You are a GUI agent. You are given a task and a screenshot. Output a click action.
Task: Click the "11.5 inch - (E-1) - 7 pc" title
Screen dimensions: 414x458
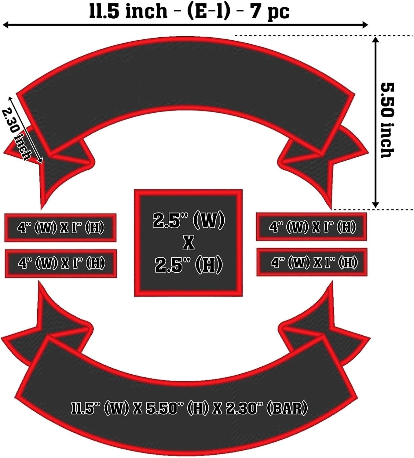[x=189, y=11]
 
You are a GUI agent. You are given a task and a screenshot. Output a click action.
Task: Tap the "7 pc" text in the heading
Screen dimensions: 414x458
[x=270, y=12]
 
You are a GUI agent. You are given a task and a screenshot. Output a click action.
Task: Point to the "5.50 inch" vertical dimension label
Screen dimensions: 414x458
[x=387, y=120]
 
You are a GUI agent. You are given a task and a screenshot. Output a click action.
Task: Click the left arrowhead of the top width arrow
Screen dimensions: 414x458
[x=5, y=25]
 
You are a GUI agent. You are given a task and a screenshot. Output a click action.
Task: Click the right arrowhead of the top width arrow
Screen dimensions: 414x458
[x=365, y=25]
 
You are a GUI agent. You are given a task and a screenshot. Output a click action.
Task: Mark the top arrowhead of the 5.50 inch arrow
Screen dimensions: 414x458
[x=376, y=40]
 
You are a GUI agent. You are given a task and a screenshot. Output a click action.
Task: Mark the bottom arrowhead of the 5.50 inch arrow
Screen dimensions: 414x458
[x=376, y=205]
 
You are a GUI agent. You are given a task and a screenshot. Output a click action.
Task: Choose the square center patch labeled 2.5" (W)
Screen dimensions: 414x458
[x=188, y=243]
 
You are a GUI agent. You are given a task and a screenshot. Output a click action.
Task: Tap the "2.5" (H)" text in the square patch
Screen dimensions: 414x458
[x=189, y=265]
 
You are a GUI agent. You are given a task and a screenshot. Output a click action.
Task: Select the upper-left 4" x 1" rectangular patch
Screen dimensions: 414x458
[x=60, y=228]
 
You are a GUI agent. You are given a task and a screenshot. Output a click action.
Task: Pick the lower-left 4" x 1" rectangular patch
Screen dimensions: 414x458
[x=61, y=263]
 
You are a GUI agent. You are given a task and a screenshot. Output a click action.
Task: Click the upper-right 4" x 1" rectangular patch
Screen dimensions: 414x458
[x=311, y=227]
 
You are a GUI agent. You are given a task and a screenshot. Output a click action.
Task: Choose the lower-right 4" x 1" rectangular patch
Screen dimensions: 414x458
[x=312, y=262]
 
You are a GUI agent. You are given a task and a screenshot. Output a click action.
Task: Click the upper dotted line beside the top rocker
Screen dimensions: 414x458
[x=324, y=36]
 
